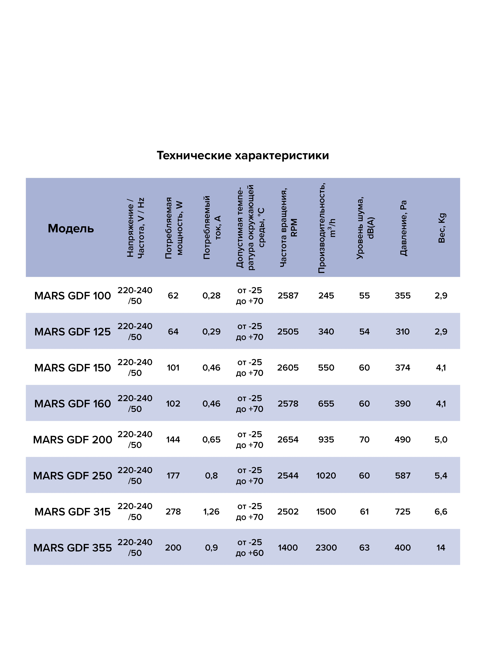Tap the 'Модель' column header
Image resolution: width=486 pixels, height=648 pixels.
tap(71, 228)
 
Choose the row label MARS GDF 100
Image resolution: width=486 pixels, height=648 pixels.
tap(73, 296)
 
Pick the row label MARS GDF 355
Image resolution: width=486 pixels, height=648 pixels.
tap(73, 548)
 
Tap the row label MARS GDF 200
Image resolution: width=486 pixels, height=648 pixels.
tap(73, 439)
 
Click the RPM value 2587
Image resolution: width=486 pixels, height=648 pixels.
tap(288, 296)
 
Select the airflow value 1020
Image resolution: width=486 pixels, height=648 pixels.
tap(326, 476)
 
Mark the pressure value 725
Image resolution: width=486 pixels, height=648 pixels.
tap(403, 512)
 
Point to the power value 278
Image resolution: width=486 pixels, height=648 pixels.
tap(173, 512)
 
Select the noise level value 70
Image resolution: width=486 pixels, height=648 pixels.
tap(364, 439)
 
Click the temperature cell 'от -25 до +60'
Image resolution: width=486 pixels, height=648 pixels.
tap(250, 548)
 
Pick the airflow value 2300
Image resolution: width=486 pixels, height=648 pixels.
tap(326, 548)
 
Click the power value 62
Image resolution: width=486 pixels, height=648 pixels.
tap(173, 296)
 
